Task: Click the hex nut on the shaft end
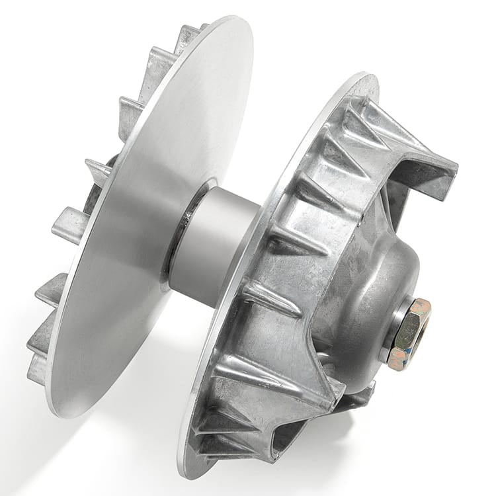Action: coord(407,333)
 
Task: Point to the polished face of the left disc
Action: coord(145,218)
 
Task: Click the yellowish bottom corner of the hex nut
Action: coord(397,364)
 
